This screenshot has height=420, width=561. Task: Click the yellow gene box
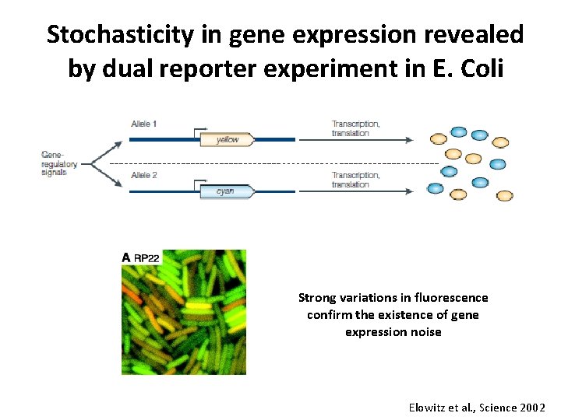click(x=227, y=140)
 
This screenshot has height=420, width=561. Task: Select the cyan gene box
click(x=225, y=191)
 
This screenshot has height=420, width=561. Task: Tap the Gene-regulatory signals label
click(x=55, y=163)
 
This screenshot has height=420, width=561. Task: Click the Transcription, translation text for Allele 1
click(x=356, y=128)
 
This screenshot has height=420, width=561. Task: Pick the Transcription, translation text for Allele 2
click(x=356, y=180)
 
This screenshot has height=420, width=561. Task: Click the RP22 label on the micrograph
click(x=146, y=258)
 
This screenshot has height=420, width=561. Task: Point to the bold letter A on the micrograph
click(x=126, y=258)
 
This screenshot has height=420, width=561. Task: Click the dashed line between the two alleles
click(x=273, y=164)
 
